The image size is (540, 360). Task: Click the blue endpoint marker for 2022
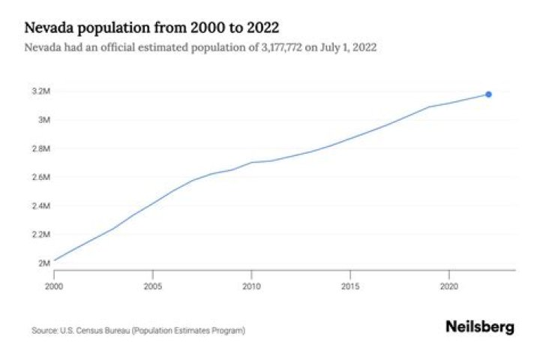tap(488, 94)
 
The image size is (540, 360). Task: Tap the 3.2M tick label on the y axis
tap(41, 91)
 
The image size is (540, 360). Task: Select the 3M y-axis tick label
tap(44, 120)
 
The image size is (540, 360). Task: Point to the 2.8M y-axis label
tap(41, 148)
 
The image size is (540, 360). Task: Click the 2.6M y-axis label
tap(41, 177)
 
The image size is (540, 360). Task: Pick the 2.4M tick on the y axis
tap(41, 205)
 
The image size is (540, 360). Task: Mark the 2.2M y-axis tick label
tap(41, 234)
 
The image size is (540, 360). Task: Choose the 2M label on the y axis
tap(44, 262)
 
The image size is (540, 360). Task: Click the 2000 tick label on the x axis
tap(55, 286)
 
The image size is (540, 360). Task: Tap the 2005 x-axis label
tap(153, 286)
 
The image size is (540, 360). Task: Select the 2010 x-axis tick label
tap(251, 286)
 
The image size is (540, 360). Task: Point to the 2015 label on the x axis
tap(350, 286)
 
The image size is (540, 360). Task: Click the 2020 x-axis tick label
tap(448, 286)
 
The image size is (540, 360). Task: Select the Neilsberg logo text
tap(480, 327)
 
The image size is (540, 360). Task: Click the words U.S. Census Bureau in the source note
tap(86, 330)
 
